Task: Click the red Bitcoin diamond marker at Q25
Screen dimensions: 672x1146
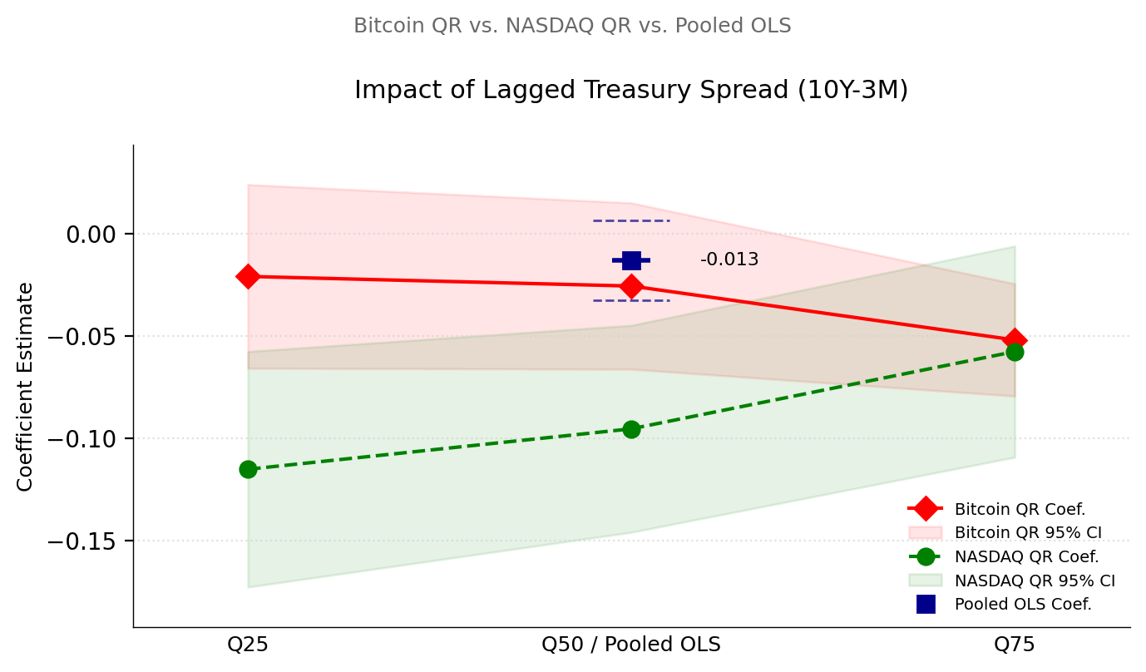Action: coord(248,276)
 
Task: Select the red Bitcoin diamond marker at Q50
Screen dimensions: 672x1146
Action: coord(631,286)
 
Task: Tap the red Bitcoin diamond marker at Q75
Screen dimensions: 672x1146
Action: coord(1014,340)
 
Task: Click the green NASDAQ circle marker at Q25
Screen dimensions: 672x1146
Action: coord(248,470)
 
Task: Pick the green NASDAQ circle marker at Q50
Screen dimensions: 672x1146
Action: coord(631,429)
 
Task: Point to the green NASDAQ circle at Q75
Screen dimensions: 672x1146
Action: coord(1015,353)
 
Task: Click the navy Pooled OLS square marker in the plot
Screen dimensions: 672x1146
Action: coord(631,260)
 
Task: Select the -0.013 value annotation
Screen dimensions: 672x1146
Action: coord(729,260)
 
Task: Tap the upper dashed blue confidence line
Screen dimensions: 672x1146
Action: coord(631,220)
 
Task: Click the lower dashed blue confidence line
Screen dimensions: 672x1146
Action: coord(631,300)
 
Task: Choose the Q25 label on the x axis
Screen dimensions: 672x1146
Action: coord(248,645)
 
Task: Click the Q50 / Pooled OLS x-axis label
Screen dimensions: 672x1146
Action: coord(631,645)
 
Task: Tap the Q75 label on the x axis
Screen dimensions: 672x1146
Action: coord(1014,645)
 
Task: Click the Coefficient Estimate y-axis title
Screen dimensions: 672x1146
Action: coord(26,386)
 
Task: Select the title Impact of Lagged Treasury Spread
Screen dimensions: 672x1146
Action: coord(631,90)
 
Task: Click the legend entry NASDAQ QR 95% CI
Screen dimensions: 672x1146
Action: coord(1034,581)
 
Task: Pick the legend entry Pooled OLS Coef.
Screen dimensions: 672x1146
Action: coord(1022,605)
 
